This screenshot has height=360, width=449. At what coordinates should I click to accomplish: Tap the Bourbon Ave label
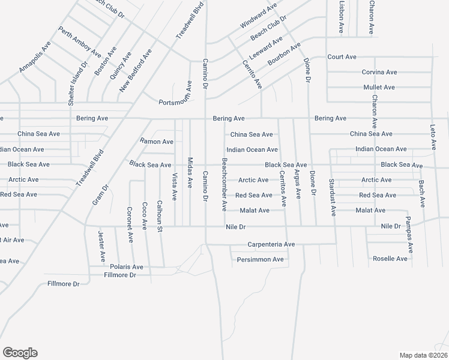(284, 55)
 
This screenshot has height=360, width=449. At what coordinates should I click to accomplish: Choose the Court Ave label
(342, 57)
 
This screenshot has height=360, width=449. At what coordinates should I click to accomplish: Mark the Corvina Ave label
(379, 72)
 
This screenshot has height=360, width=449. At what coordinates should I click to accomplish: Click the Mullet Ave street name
(379, 88)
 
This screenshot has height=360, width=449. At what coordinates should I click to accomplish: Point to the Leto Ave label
(432, 137)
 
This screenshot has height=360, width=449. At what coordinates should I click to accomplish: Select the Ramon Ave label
(157, 142)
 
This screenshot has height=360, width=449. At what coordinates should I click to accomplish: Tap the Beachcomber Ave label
(224, 185)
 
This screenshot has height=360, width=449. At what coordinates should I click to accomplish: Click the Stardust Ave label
(332, 198)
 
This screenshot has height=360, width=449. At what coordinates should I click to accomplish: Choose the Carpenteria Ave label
(271, 245)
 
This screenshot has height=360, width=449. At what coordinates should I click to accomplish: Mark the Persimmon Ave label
(260, 260)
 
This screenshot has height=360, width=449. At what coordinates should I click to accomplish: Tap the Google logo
(20, 353)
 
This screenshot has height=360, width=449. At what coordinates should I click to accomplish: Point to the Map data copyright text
(423, 355)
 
